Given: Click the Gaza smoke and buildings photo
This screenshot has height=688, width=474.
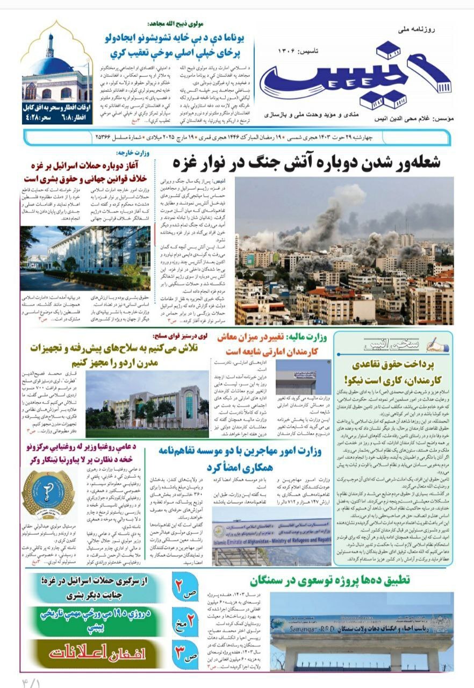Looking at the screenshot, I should (344, 250).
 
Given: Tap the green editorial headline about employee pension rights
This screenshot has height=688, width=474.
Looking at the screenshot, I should (392, 371).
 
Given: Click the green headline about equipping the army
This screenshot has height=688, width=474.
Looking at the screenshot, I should (137, 355).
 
